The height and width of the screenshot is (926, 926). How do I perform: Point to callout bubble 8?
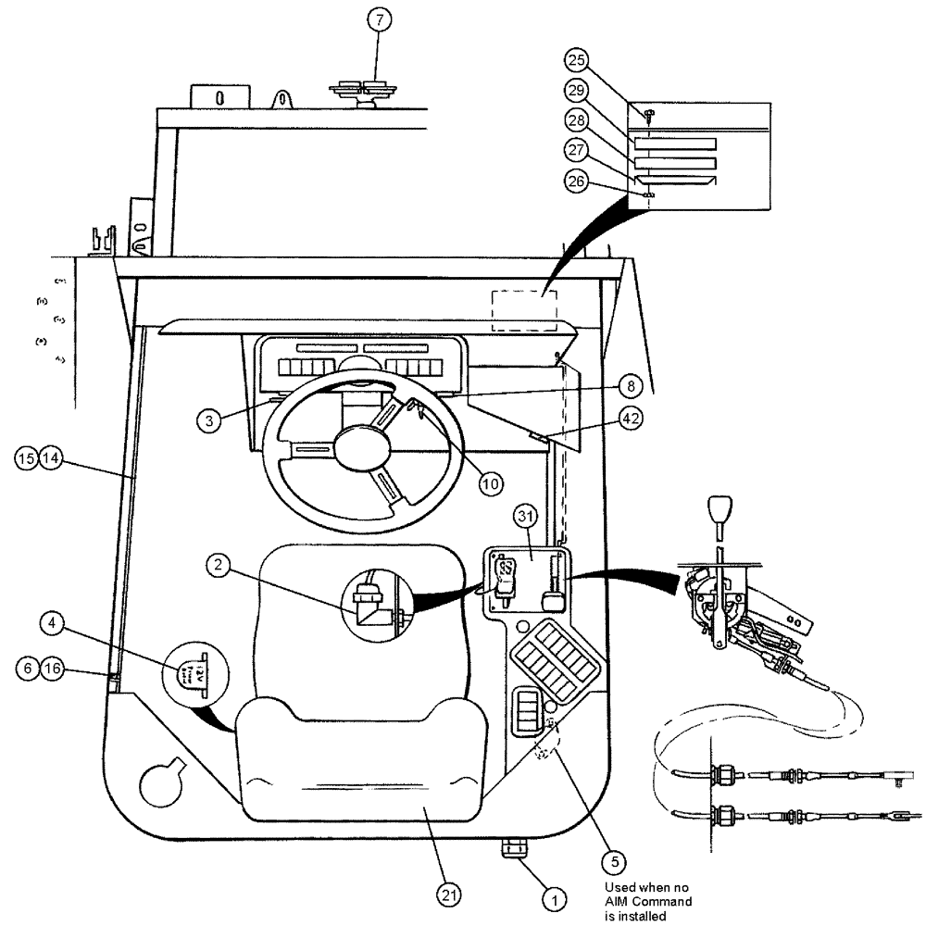coord(629,382)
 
